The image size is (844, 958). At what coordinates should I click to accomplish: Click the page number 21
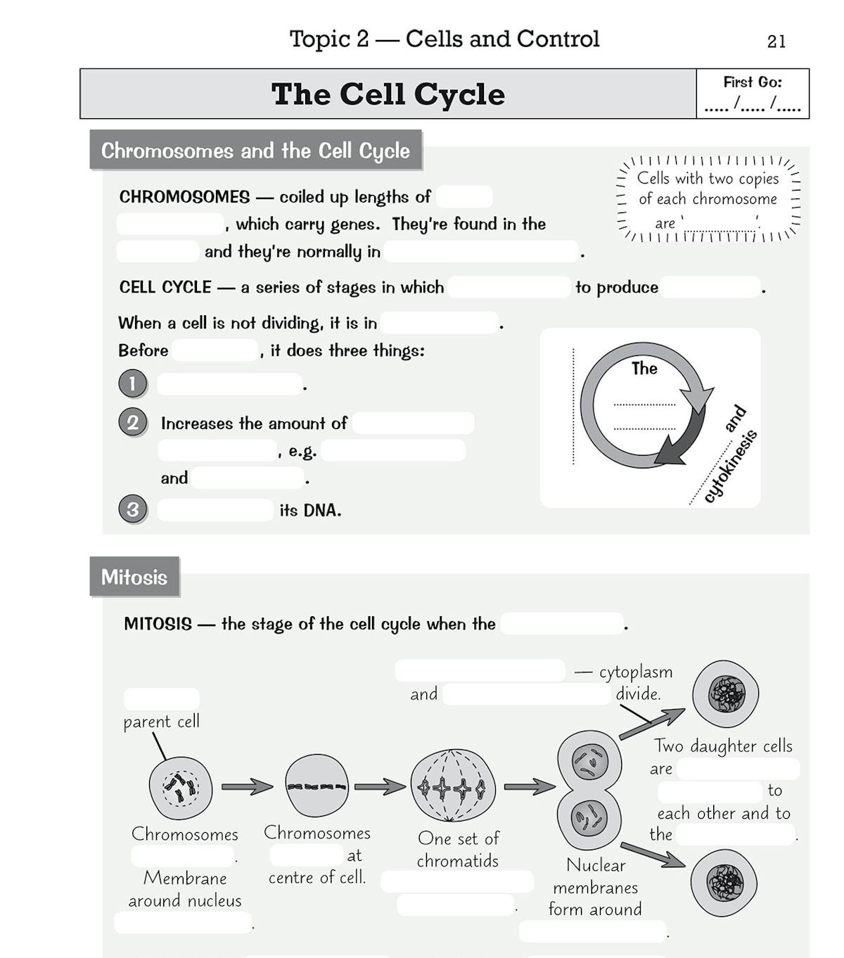[776, 42]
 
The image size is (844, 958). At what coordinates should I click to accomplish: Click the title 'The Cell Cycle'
[388, 94]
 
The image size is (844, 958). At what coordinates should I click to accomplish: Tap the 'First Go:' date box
[752, 94]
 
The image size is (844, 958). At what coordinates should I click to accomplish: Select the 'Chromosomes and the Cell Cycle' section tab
[255, 151]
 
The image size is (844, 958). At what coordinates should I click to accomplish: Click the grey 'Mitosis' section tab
[134, 577]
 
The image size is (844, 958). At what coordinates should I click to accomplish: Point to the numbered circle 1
[132, 384]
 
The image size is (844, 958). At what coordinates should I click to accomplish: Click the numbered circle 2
[132, 423]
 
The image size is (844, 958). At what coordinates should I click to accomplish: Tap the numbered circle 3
[132, 509]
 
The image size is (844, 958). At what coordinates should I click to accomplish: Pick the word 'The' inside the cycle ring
[644, 369]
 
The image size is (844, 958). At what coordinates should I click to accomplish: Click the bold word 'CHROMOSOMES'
[184, 197]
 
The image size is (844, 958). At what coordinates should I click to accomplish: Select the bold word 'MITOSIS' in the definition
[158, 624]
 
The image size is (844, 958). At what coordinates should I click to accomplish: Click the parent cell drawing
[181, 788]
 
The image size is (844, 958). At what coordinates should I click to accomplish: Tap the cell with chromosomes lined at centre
[316, 786]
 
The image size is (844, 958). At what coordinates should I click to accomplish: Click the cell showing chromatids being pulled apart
[452, 785]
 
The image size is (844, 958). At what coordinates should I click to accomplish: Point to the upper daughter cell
[725, 694]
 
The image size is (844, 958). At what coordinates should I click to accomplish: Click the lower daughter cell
[723, 883]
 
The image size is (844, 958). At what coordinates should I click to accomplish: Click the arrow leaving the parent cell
[247, 787]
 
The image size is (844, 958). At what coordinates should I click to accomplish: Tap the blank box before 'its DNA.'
[215, 510]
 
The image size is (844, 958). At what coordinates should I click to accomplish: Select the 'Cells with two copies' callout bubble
[708, 200]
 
